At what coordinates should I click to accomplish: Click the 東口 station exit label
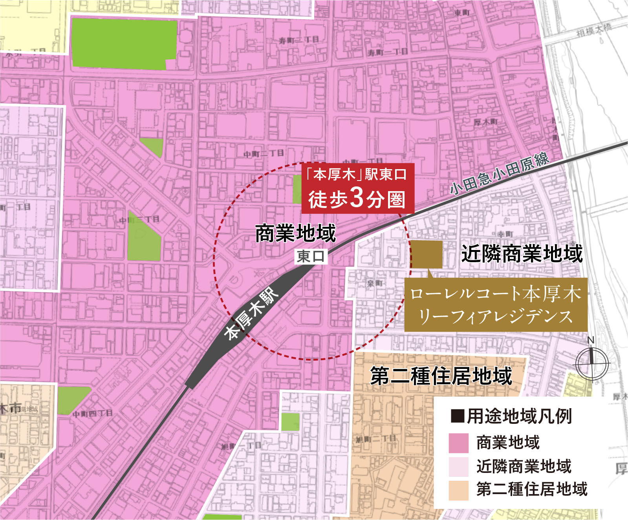click(311, 256)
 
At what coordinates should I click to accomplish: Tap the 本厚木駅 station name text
click(251, 313)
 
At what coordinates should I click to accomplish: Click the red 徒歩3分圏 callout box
click(357, 188)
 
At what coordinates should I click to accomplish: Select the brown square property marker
click(427, 254)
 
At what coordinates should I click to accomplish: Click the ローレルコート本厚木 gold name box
click(496, 305)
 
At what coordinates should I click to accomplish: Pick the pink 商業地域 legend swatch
click(458, 443)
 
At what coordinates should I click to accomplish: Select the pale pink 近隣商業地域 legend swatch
click(458, 467)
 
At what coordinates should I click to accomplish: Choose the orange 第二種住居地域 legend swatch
click(458, 490)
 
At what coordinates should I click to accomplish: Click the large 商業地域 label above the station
click(295, 233)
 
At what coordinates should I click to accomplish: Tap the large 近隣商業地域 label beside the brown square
click(522, 254)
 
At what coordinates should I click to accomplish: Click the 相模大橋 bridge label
click(594, 30)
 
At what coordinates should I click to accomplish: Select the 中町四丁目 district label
click(93, 413)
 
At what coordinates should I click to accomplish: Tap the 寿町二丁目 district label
click(299, 40)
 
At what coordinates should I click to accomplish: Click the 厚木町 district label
click(485, 122)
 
